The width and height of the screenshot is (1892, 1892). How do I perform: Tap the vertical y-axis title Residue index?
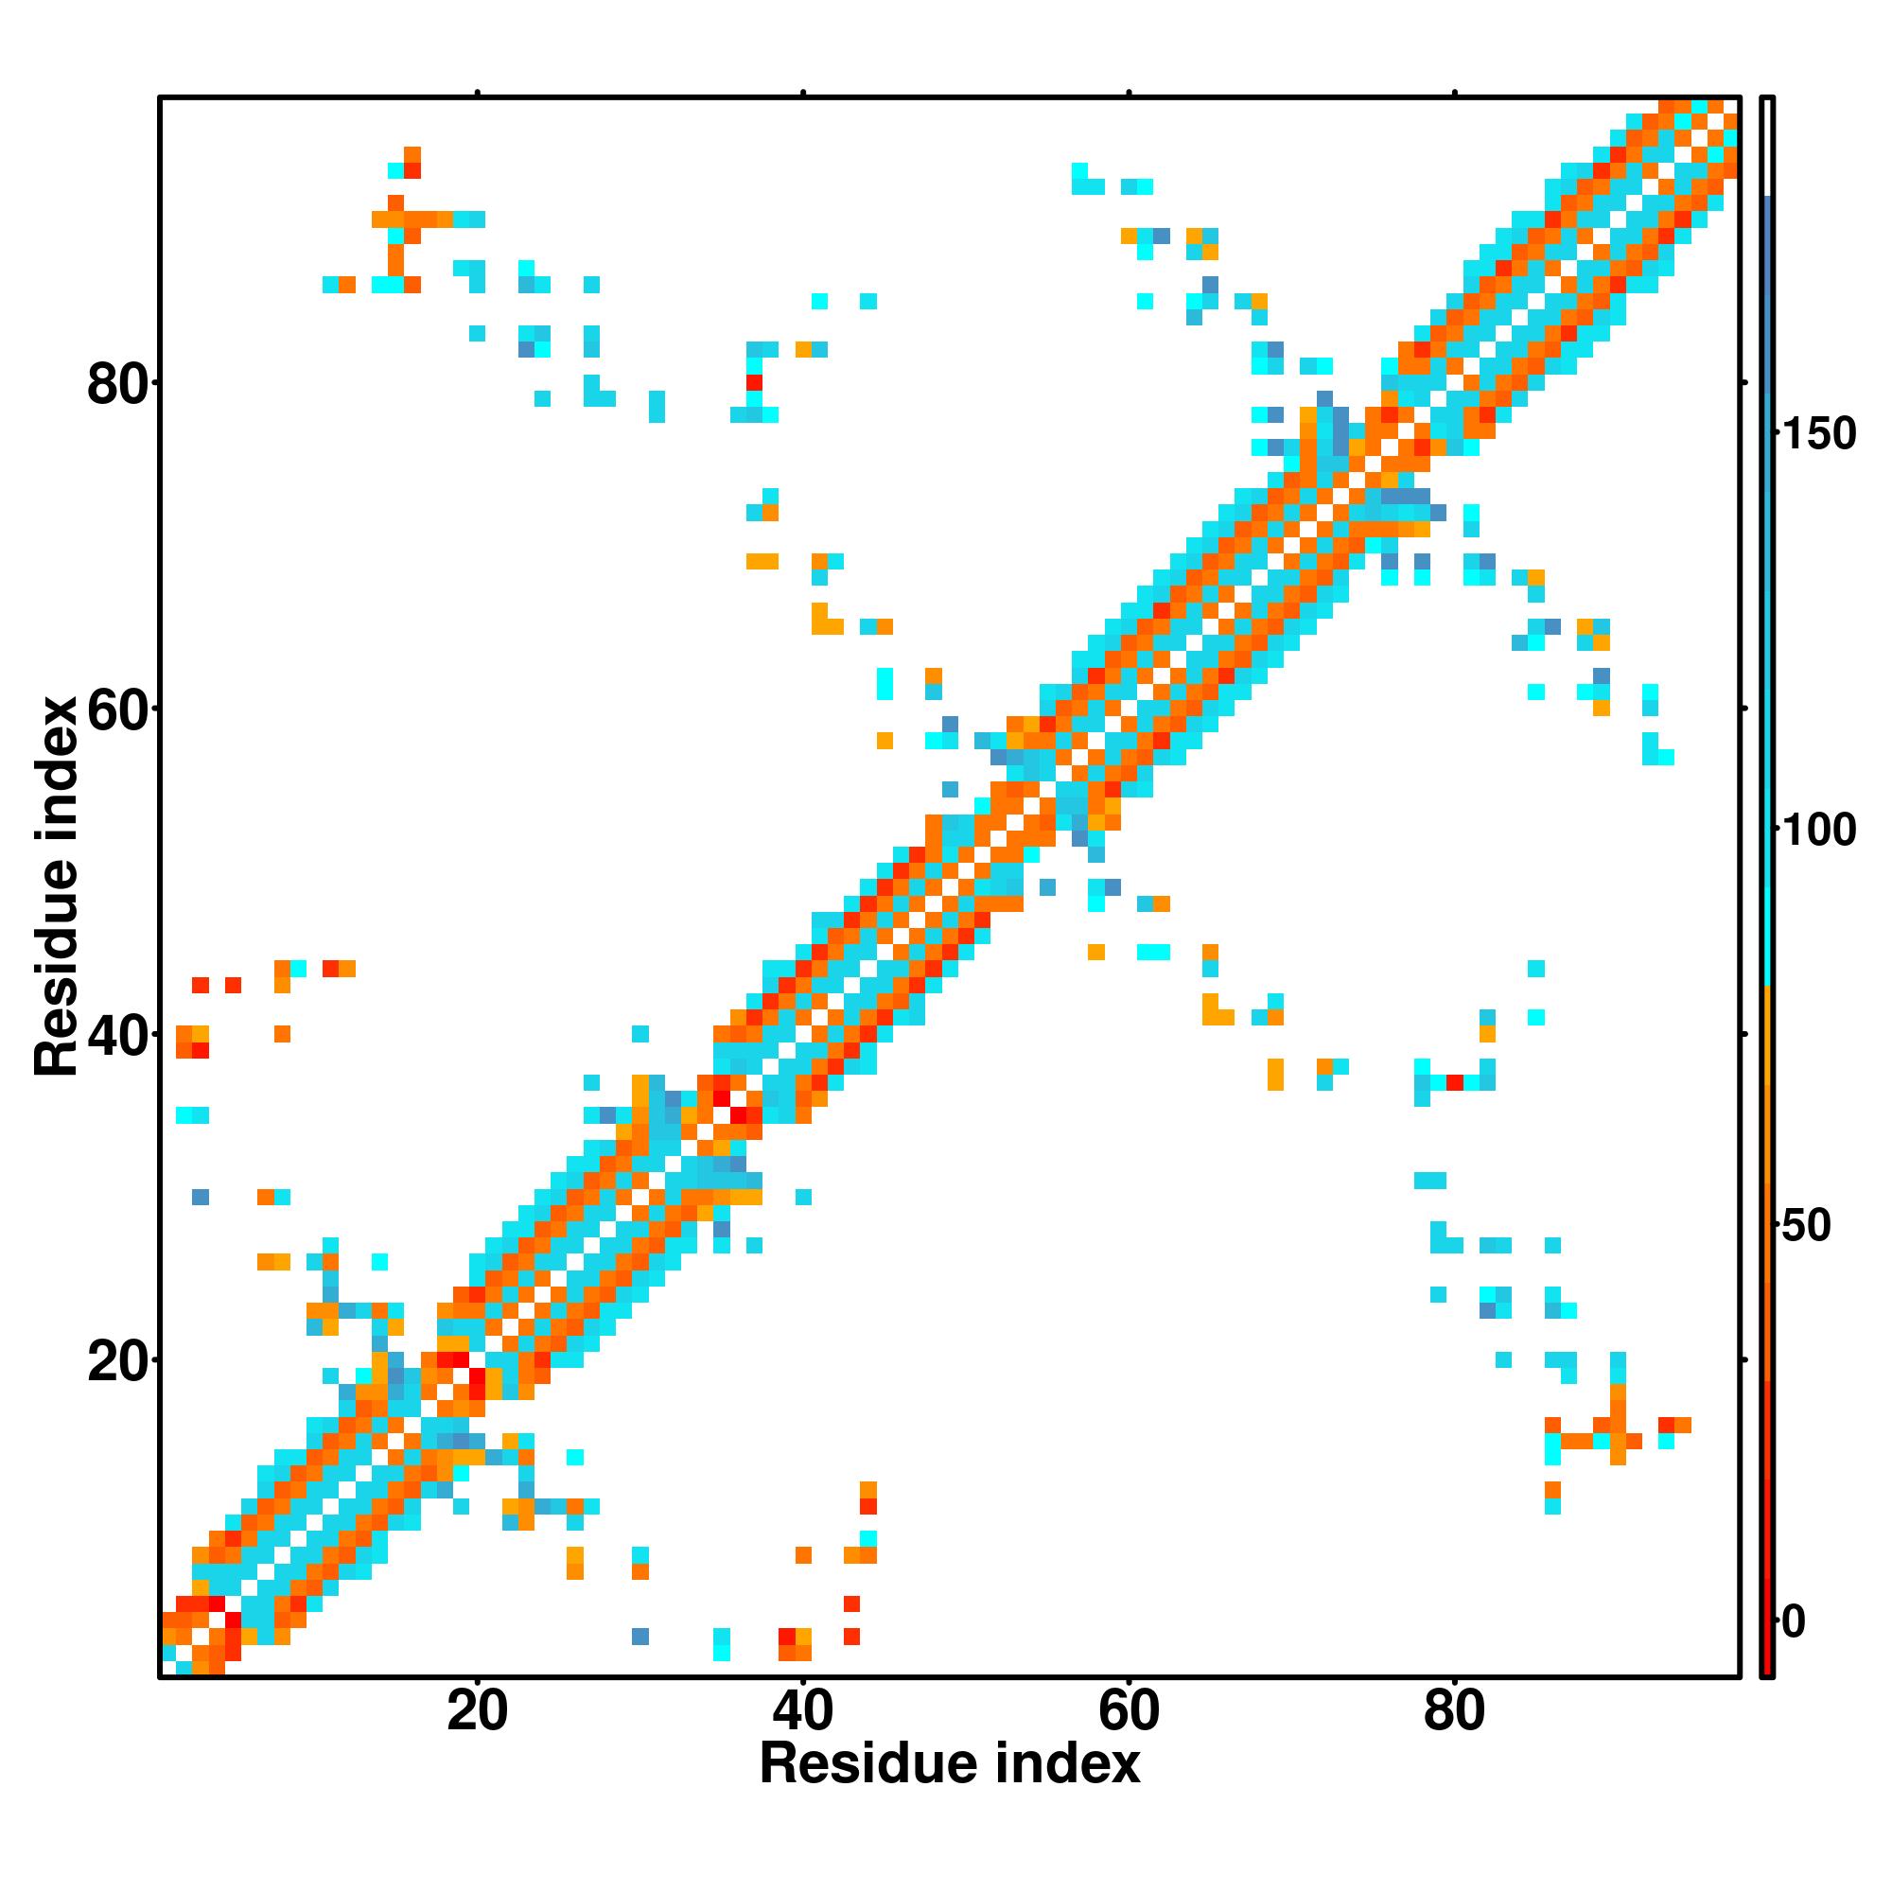57,887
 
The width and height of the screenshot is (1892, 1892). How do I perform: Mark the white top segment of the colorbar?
1768,147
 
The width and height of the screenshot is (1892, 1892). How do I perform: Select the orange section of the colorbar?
1768,1224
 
